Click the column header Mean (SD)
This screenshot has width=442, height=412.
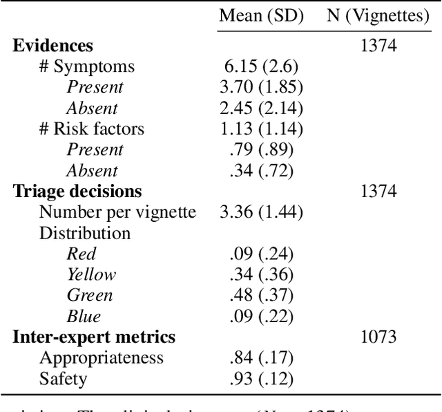[x=261, y=16]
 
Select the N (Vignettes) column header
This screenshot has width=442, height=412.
[x=378, y=16]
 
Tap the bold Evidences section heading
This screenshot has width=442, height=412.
[x=53, y=46]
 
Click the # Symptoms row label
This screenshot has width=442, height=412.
[x=86, y=66]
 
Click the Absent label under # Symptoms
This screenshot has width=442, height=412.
[x=92, y=108]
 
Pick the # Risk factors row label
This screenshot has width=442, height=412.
[x=91, y=129]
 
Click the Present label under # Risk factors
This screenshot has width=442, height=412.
[x=95, y=149]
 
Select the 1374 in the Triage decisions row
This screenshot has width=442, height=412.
[x=378, y=191]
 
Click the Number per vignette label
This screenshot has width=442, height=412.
[x=117, y=212]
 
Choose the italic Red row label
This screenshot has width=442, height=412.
[x=81, y=254]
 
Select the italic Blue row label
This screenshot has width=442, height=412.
[x=83, y=317]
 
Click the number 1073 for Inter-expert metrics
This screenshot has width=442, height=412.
[x=378, y=337]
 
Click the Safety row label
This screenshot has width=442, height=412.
[x=63, y=379]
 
